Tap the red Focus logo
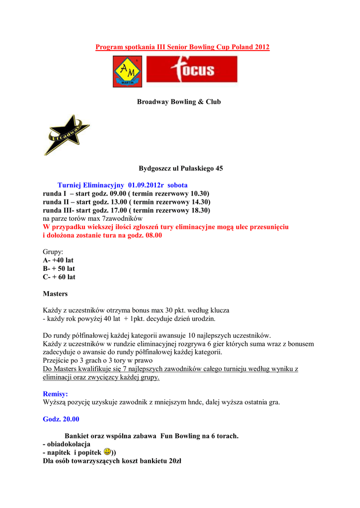coord(192,69)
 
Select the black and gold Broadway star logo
coord(66,134)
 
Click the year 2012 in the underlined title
coord(262,47)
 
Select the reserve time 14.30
coord(200,202)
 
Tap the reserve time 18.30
coord(200,210)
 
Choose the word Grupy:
coord(53,252)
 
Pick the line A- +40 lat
coord(59,260)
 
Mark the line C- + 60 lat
coord(59,277)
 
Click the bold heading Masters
coord(55,294)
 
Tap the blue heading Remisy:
coord(56,394)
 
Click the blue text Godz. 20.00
coord(61,419)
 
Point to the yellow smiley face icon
coord(107,452)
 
